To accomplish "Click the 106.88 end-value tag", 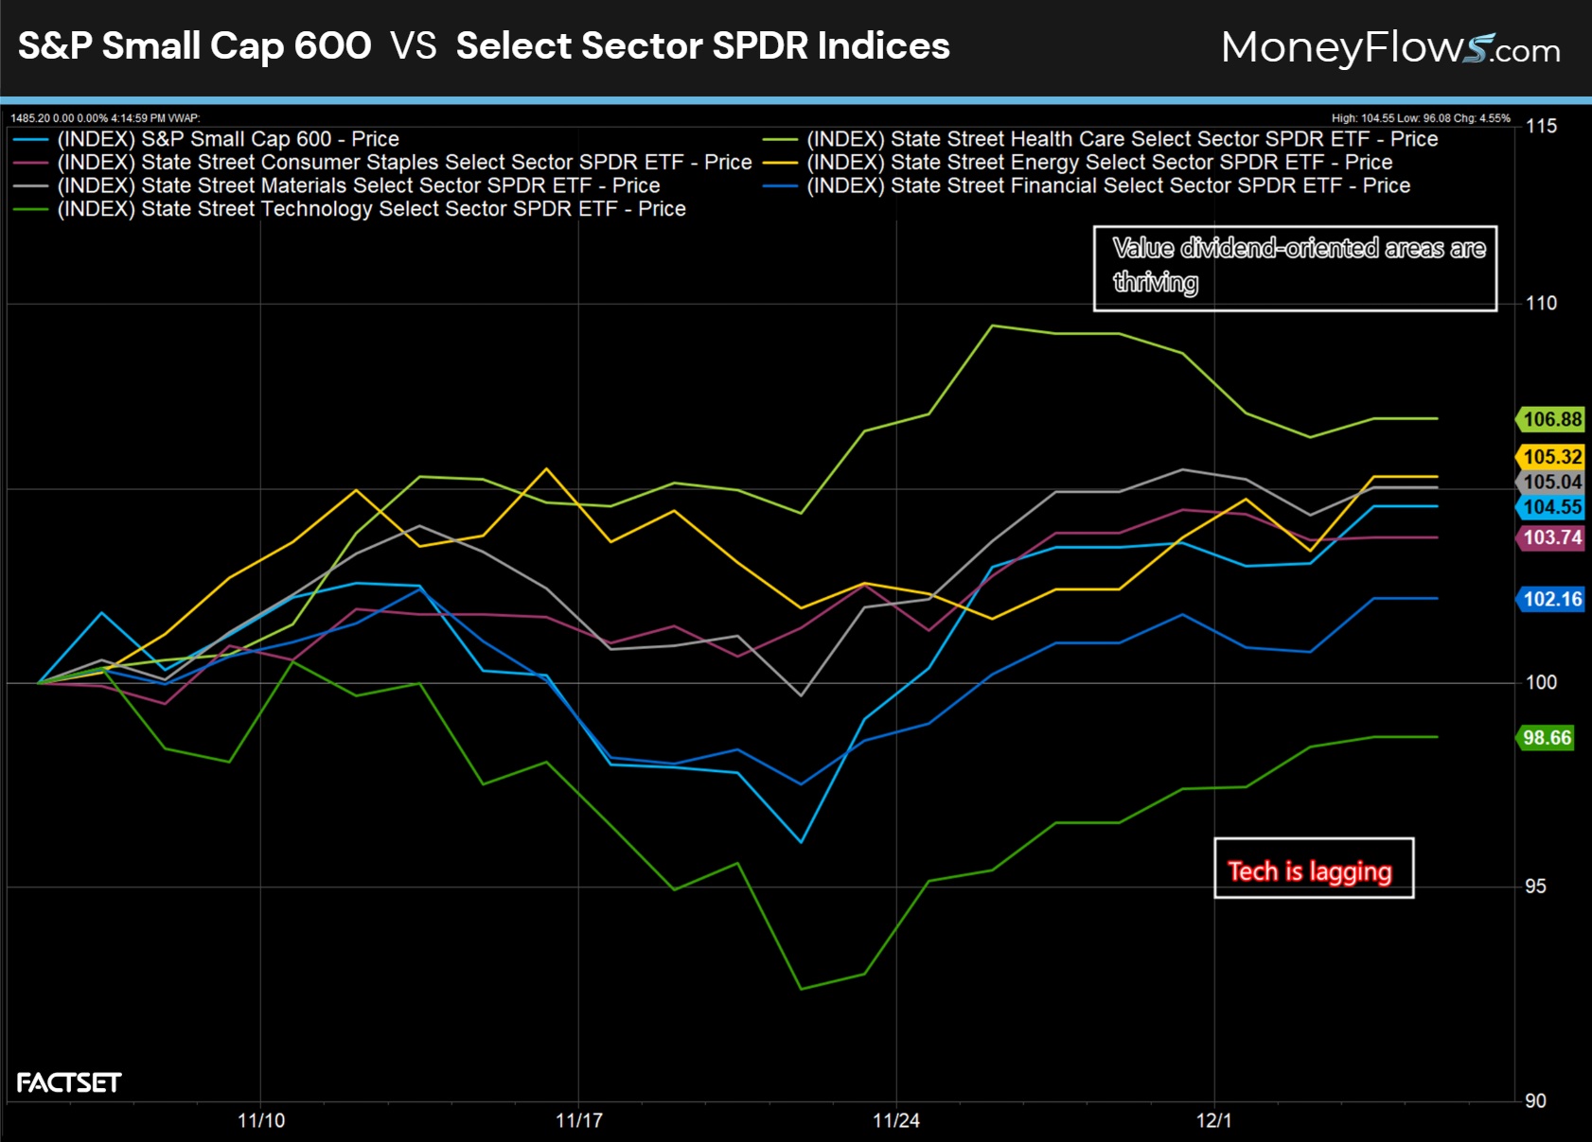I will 1551,419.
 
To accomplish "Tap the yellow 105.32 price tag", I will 1551,457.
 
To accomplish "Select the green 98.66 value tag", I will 1547,738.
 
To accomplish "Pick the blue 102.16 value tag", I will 1551,599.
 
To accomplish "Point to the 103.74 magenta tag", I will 1551,538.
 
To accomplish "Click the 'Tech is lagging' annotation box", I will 1313,869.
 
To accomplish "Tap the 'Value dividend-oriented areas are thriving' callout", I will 1294,268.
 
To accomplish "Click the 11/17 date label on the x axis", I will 578,1121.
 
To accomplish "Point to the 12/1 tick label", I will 1213,1121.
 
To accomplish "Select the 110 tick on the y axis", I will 1541,304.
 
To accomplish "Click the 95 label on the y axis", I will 1535,887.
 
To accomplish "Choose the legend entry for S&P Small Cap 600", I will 227,139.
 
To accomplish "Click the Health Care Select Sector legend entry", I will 1122,139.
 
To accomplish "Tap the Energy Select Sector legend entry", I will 1099,163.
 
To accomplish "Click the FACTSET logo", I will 69,1082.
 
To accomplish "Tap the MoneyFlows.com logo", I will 1389,47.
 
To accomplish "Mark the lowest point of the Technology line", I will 801,989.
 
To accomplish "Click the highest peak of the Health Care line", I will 992,325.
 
